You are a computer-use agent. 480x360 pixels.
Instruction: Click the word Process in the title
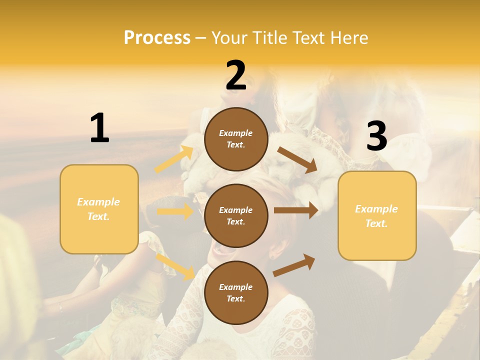tap(157, 37)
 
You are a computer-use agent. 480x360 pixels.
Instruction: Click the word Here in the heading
tap(349, 37)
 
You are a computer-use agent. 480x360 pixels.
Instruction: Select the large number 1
tap(99, 128)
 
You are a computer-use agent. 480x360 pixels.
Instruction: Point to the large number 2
tap(236, 75)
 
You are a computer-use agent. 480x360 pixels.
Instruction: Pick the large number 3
tap(376, 136)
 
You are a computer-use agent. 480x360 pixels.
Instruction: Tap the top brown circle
tap(236, 139)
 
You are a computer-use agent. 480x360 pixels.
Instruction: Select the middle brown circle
tap(236, 215)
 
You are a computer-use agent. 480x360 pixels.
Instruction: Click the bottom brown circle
tap(236, 292)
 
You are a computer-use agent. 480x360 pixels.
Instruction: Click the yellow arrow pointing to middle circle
tap(175, 211)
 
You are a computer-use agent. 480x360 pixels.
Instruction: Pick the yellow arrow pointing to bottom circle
tap(175, 266)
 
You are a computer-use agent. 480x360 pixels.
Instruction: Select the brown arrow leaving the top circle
tap(297, 160)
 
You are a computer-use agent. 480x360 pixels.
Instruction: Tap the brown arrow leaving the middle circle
tap(296, 210)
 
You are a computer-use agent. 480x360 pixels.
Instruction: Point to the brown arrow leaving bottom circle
tap(294, 265)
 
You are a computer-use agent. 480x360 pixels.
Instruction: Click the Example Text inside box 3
tap(376, 216)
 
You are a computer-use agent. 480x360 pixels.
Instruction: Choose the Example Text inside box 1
tap(98, 209)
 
